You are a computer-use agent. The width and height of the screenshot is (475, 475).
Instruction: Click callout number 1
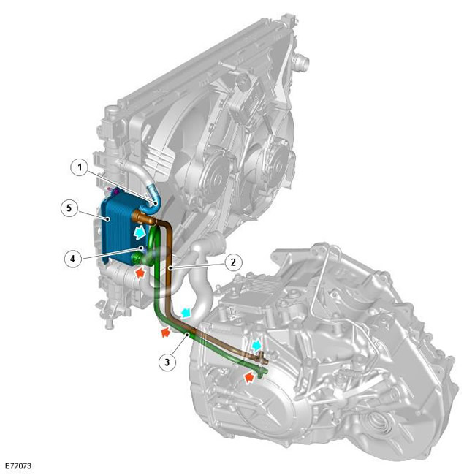pyautogui.click(x=80, y=167)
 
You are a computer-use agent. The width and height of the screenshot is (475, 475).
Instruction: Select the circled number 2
pyautogui.click(x=233, y=262)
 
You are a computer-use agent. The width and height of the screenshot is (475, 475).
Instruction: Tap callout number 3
pyautogui.click(x=167, y=362)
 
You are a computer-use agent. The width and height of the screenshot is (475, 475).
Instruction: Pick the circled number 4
pyautogui.click(x=73, y=259)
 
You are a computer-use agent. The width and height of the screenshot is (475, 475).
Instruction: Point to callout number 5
pyautogui.click(x=69, y=208)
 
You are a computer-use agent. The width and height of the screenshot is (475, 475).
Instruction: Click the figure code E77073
pyautogui.click(x=18, y=465)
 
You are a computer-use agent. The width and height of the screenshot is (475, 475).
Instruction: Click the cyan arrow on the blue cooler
pyautogui.click(x=140, y=232)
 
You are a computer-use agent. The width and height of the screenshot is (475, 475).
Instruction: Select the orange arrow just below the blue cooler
pyautogui.click(x=140, y=273)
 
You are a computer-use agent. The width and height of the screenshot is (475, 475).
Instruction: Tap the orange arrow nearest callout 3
pyautogui.click(x=165, y=332)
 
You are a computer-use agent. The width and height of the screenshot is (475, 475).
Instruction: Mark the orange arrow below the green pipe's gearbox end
pyautogui.click(x=249, y=378)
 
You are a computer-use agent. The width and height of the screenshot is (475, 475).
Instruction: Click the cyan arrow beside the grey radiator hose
pyautogui.click(x=186, y=313)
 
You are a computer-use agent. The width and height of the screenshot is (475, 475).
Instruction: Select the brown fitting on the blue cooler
pyautogui.click(x=143, y=217)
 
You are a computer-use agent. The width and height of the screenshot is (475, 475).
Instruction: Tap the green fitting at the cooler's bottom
pyautogui.click(x=138, y=259)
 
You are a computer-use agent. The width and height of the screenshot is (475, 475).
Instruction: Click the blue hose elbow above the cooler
pyautogui.click(x=151, y=199)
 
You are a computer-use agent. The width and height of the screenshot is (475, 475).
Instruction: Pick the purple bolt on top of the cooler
pyautogui.click(x=115, y=191)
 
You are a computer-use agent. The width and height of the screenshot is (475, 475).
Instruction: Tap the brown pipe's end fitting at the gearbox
pyautogui.click(x=262, y=360)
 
